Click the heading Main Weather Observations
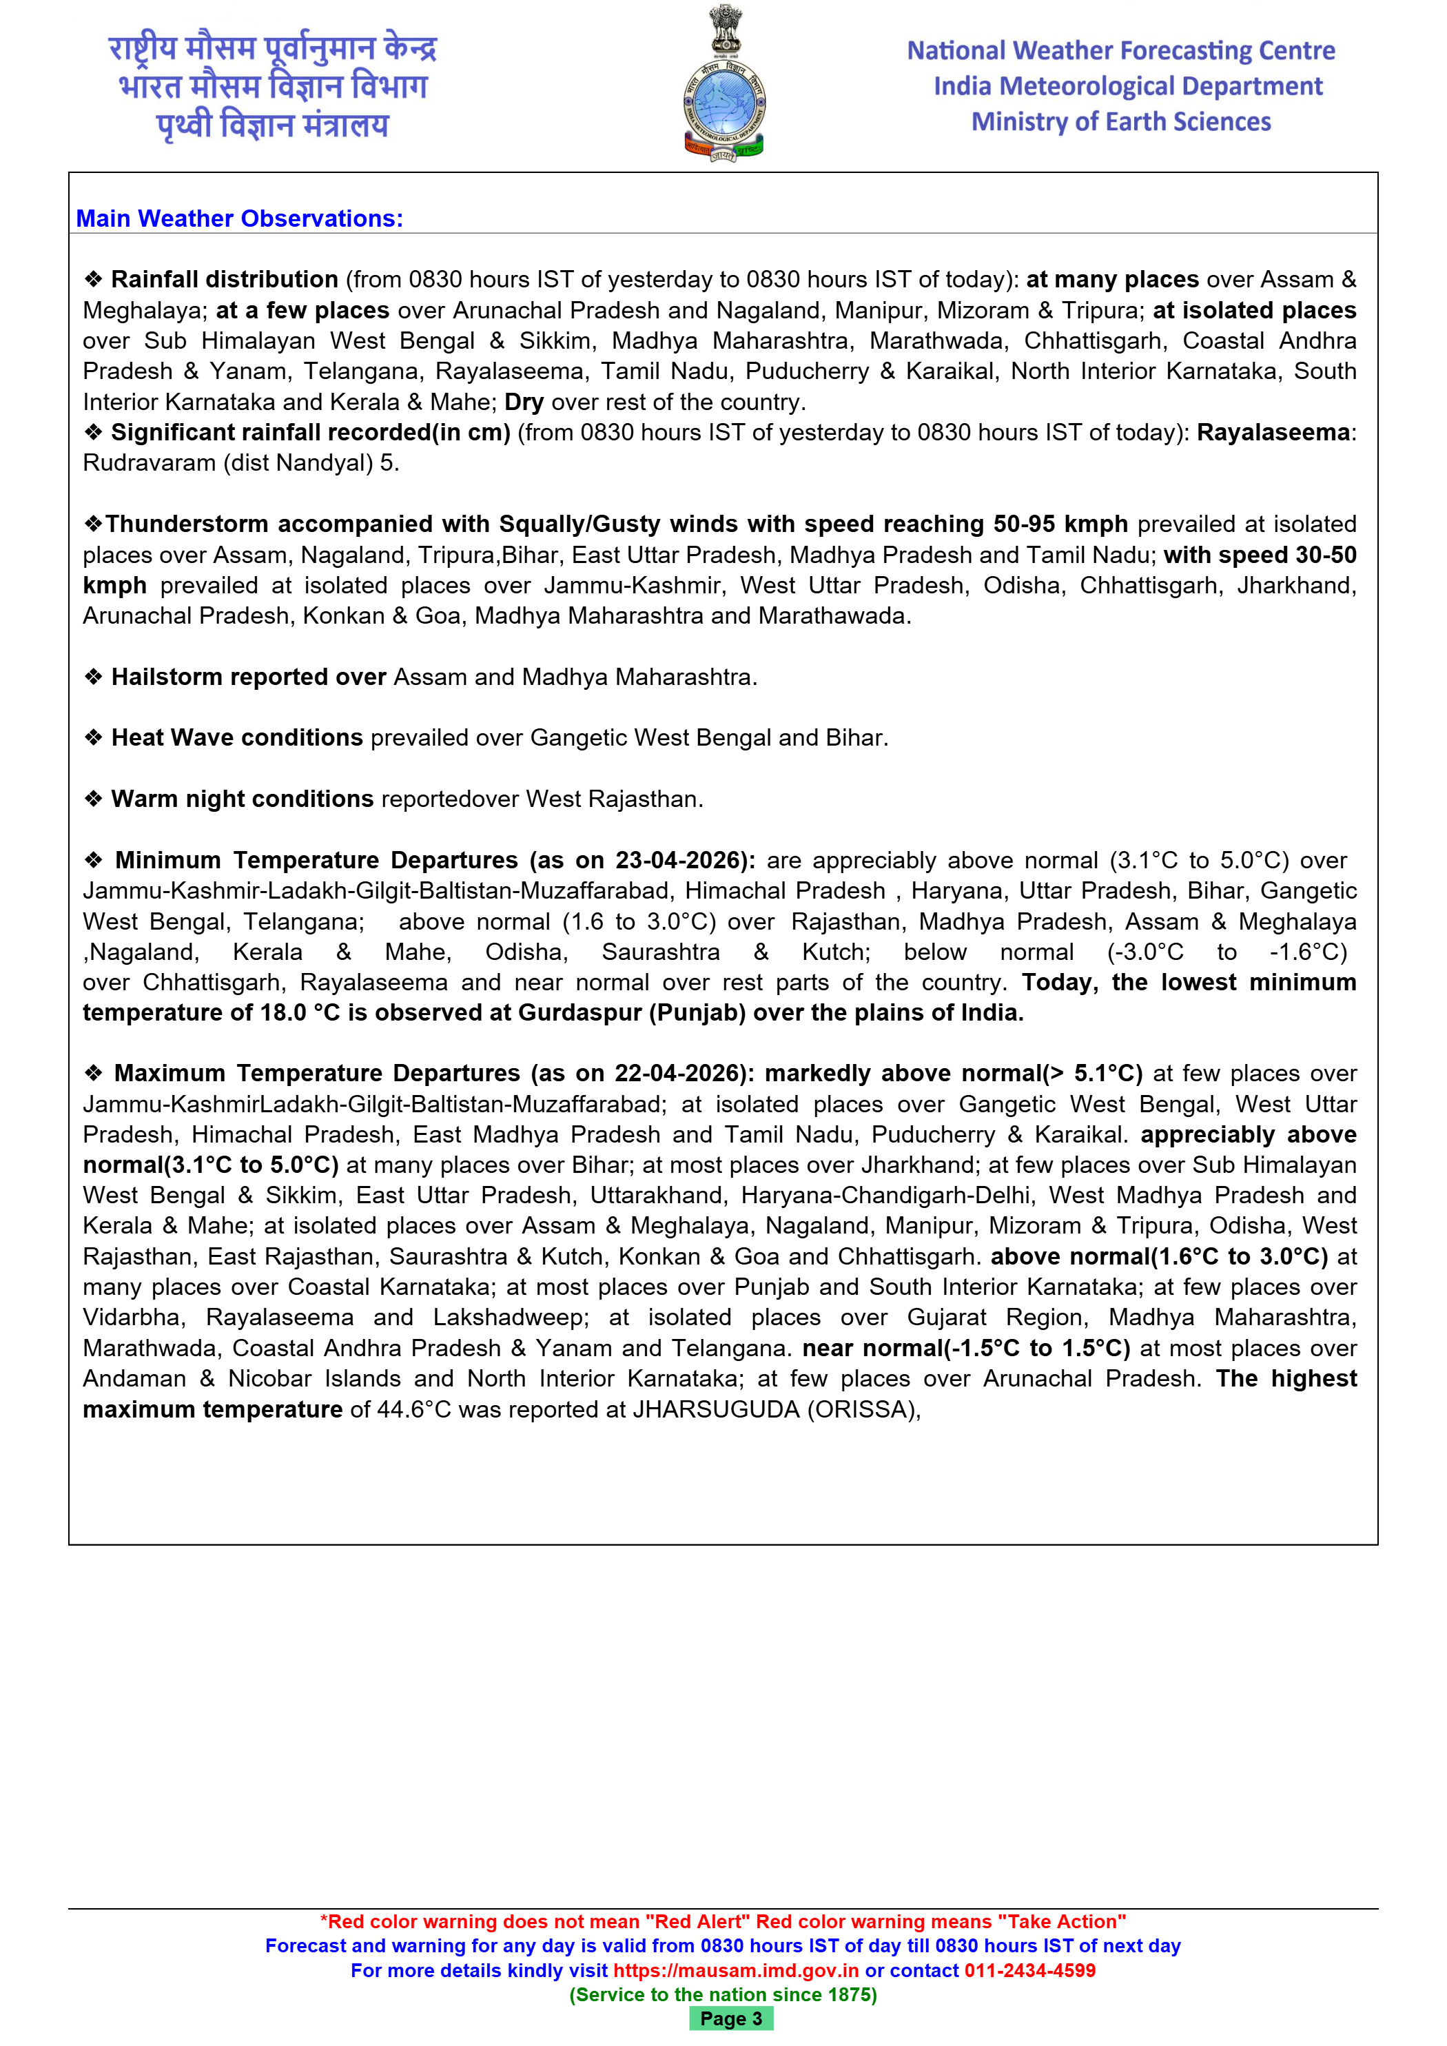(x=239, y=218)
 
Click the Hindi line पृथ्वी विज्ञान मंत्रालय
(x=273, y=125)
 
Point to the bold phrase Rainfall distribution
(x=224, y=280)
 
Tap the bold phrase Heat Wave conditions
(x=236, y=738)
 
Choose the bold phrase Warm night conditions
(x=241, y=799)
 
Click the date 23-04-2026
(x=679, y=861)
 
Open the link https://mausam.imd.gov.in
(x=736, y=1970)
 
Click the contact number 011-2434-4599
(x=1029, y=1970)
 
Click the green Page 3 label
(x=730, y=2018)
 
